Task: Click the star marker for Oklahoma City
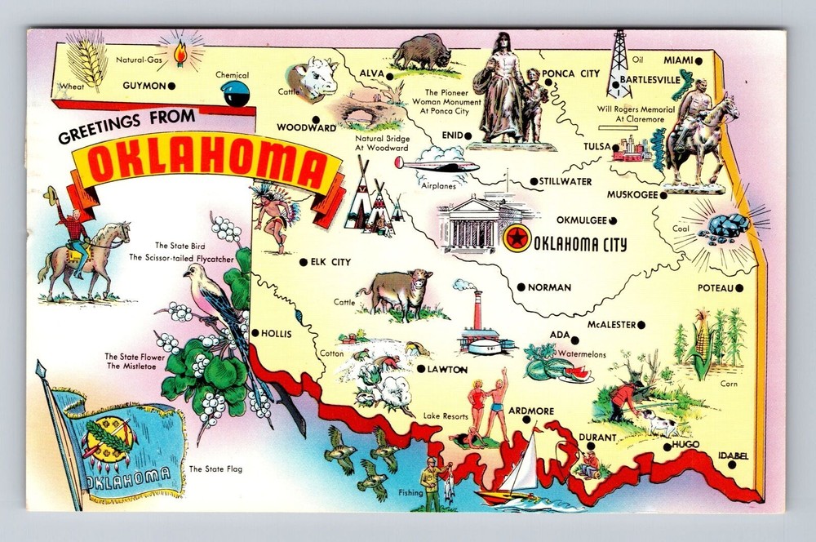click(517, 239)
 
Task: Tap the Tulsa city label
click(597, 146)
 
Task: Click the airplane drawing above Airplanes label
click(428, 164)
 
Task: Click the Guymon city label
click(144, 85)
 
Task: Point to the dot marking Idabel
click(732, 464)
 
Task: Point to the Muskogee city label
click(633, 194)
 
